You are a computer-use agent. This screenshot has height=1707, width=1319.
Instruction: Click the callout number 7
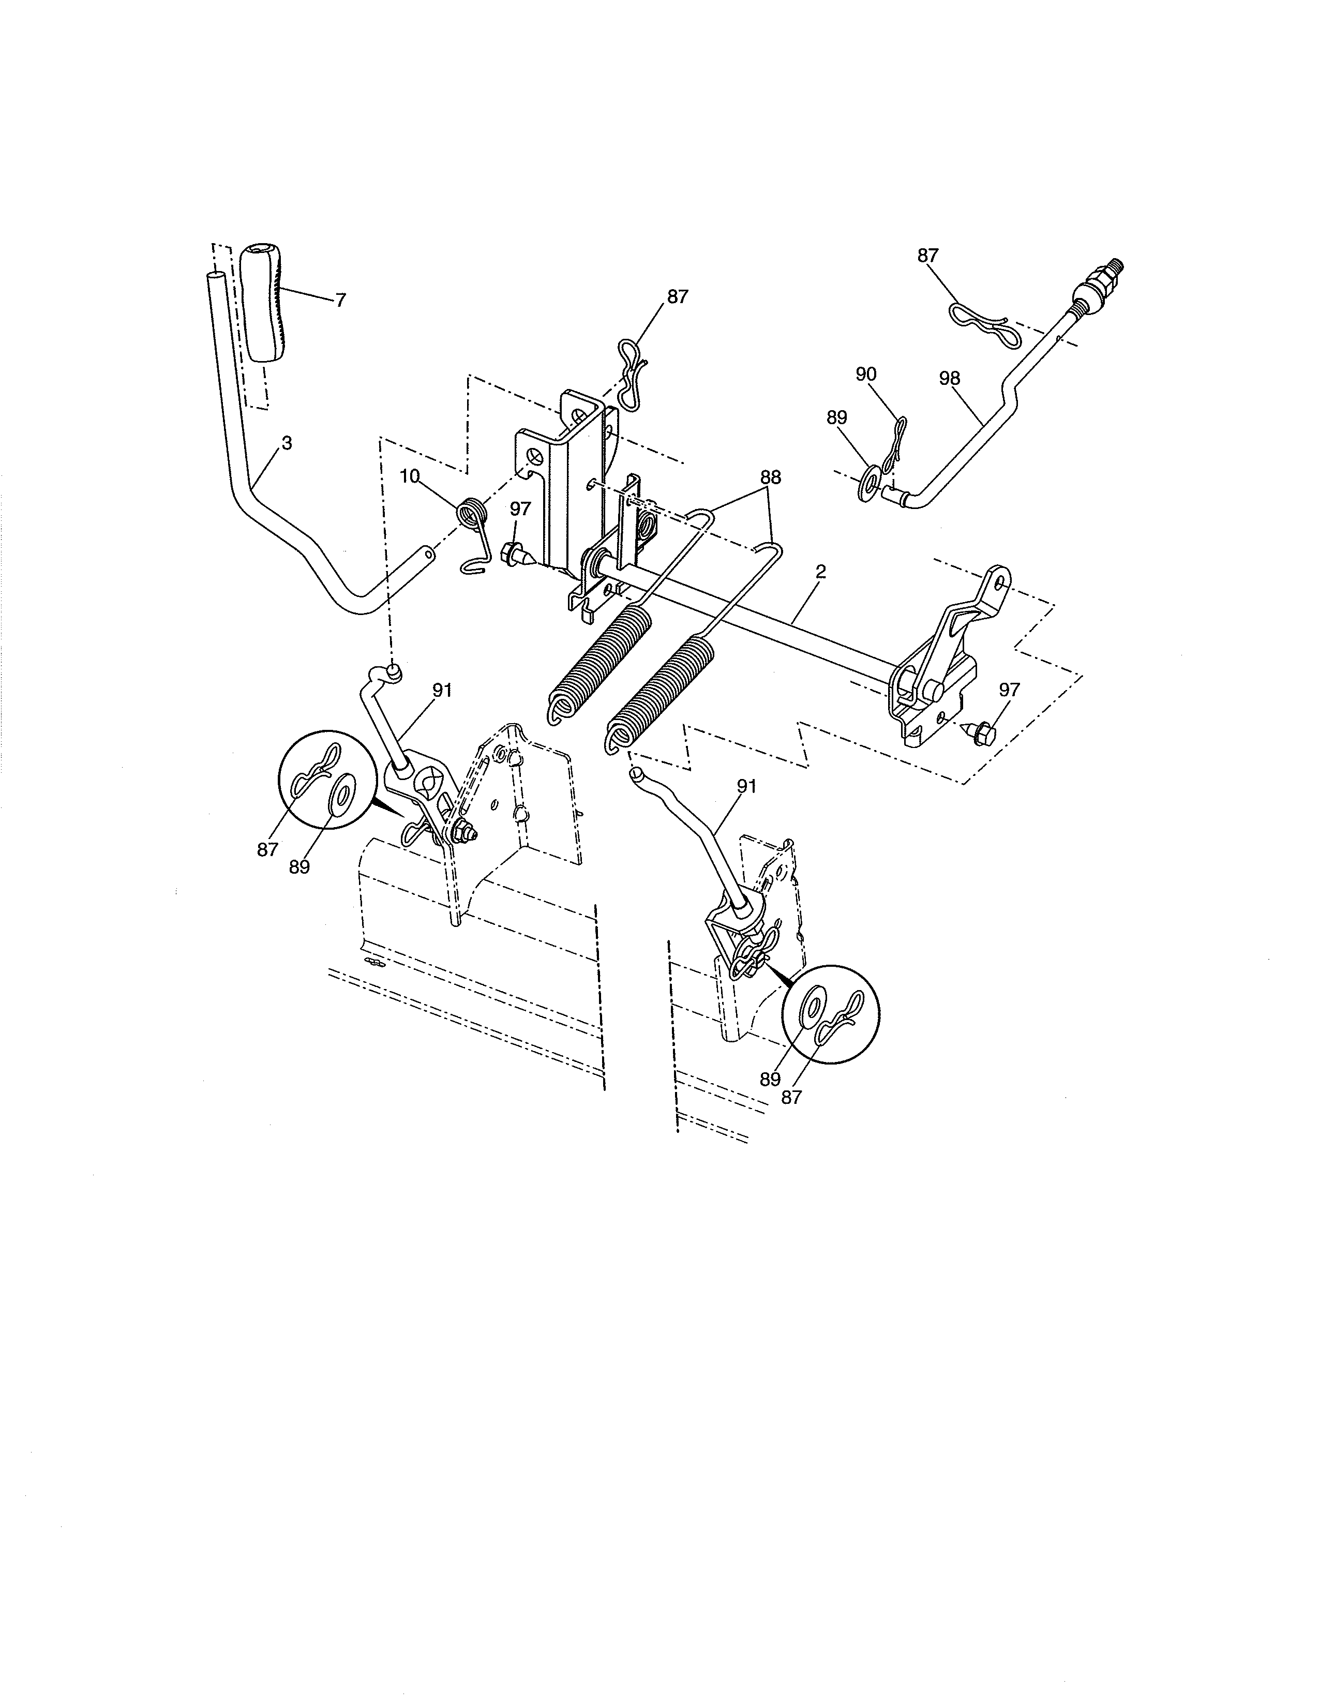click(x=340, y=300)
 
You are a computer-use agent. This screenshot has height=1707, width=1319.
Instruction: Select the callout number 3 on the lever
click(x=287, y=443)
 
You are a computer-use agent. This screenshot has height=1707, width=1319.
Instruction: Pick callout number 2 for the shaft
click(x=820, y=572)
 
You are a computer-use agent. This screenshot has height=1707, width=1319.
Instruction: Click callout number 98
click(x=949, y=378)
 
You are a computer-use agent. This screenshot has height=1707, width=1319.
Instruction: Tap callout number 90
click(x=866, y=375)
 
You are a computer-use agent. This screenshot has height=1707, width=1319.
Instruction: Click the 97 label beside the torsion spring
click(x=520, y=509)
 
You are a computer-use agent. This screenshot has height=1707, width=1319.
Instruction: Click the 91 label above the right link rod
click(x=746, y=786)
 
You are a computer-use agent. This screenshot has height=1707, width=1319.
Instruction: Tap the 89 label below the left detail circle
click(x=299, y=867)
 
